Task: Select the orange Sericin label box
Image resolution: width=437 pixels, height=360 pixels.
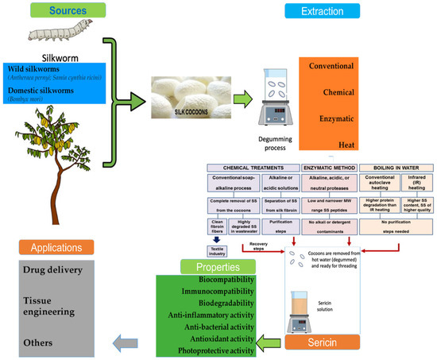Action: click(x=323, y=342)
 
